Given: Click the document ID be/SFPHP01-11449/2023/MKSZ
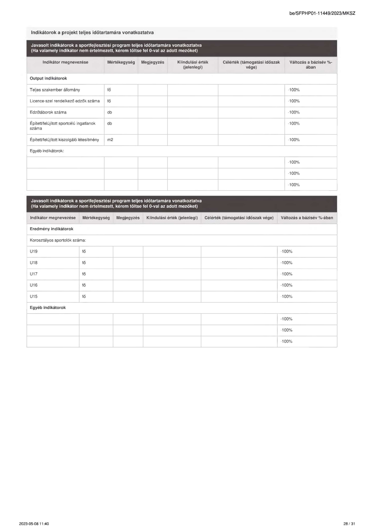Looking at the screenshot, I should click(322, 13).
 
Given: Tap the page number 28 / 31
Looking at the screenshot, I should click(349, 524).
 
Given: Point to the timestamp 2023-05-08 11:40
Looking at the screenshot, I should click(34, 524).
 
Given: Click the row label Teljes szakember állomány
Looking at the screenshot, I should click(55, 90).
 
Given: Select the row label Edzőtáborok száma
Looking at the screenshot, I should click(48, 112).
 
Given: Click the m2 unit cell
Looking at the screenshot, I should click(110, 140).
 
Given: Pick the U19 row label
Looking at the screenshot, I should click(34, 251).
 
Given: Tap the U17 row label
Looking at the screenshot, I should click(34, 274).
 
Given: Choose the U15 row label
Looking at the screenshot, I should click(34, 296).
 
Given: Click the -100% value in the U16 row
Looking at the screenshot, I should click(286, 285).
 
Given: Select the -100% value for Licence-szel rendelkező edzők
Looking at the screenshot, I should click(294, 101).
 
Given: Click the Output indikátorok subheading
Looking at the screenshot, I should click(48, 78).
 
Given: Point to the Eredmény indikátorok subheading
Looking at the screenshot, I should click(52, 229).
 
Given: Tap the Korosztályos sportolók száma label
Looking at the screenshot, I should click(58, 240).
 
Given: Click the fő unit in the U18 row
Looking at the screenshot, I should click(84, 263).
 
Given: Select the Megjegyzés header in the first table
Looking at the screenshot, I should click(152, 62).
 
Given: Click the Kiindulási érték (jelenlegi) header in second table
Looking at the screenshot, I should click(172, 218).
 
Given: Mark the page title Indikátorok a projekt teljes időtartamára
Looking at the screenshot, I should click(92, 33).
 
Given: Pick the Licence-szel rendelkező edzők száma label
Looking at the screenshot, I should click(64, 101).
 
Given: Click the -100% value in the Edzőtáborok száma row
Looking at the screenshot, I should click(294, 112).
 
